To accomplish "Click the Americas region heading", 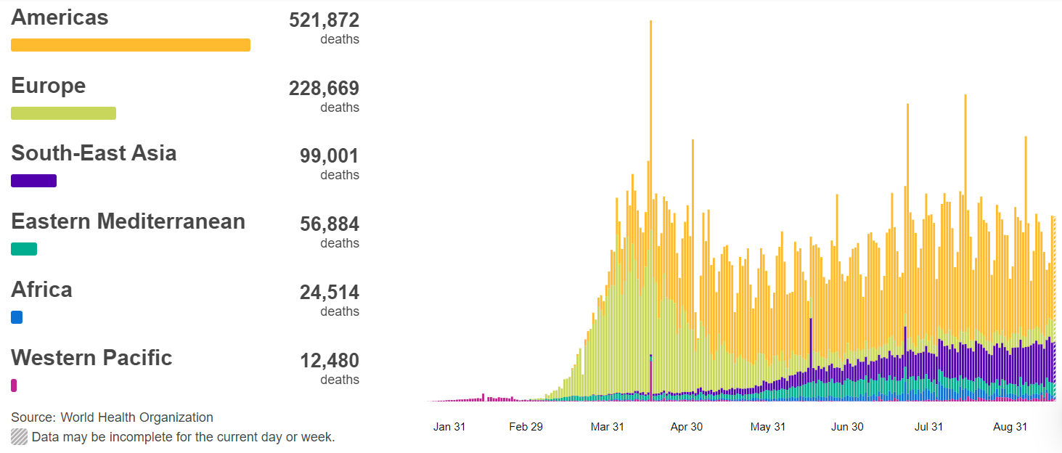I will click(60, 18).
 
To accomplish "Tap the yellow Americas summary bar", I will click(131, 45).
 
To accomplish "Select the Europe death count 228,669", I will click(324, 89).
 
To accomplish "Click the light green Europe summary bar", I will click(63, 113).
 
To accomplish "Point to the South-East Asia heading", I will click(94, 153).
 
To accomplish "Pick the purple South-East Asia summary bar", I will click(33, 181).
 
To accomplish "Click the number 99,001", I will click(329, 156).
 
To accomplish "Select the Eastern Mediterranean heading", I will click(128, 221).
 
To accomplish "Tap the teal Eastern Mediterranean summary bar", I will click(24, 249).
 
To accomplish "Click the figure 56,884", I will click(329, 224).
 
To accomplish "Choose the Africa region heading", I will click(41, 290).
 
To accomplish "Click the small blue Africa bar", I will click(17, 317).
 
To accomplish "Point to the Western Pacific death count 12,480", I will click(329, 361).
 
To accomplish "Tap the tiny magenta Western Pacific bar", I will click(14, 385).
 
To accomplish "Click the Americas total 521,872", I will click(324, 20).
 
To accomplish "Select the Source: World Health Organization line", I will click(112, 417).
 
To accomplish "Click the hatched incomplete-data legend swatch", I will click(20, 437).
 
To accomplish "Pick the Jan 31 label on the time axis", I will click(449, 427).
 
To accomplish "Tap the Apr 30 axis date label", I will click(687, 427).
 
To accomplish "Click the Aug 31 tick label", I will click(1010, 427).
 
